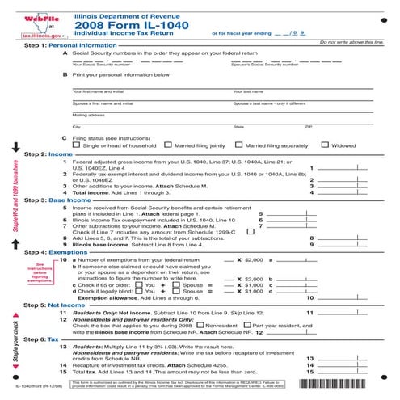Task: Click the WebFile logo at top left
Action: (34, 19)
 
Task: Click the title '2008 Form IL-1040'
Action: (116, 25)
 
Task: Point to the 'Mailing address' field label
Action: (88, 114)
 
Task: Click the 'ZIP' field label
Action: (307, 127)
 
